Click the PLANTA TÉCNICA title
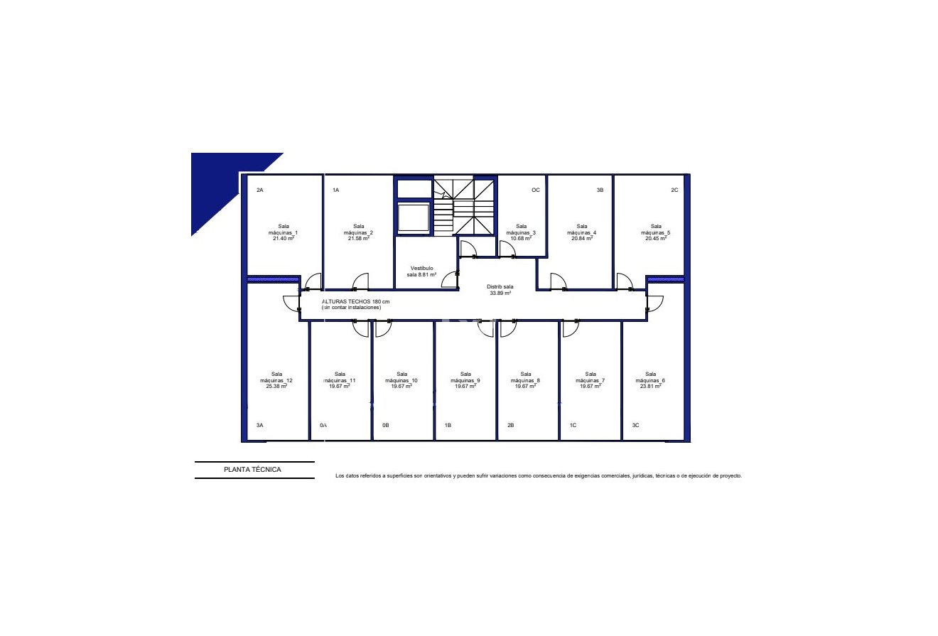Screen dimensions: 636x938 252,470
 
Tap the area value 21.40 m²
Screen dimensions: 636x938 284,239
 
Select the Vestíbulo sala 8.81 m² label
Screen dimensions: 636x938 421,271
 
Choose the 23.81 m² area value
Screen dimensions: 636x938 650,387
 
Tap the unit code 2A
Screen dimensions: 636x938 260,190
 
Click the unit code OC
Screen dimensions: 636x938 536,190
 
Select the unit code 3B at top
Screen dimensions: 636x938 600,190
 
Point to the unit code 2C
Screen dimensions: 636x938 674,190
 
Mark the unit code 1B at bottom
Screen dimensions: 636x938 448,426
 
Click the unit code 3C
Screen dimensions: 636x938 636,426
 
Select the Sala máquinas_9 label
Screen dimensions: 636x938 465,377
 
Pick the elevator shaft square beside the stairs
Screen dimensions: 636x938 414,218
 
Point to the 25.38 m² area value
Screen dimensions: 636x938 276,387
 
